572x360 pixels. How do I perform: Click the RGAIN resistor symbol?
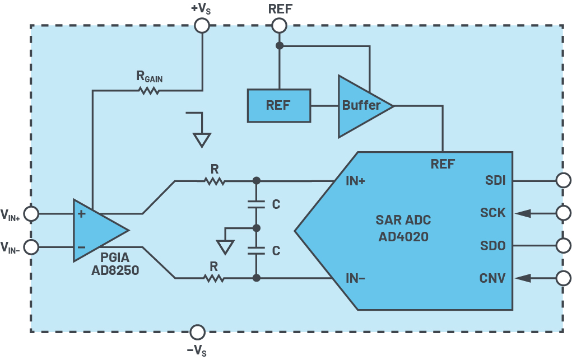[149, 91]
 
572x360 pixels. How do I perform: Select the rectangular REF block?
[279, 105]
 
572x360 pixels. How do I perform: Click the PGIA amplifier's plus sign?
[82, 214]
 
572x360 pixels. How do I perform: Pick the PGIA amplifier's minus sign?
[82, 247]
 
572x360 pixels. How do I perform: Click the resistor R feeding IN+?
[215, 181]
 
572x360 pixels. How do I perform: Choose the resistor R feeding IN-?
[214, 278]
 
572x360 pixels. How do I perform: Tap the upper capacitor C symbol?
[256, 204]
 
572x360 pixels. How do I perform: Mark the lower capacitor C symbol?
[256, 251]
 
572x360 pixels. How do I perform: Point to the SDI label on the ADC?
[495, 180]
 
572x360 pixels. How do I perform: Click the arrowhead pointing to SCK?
[523, 213]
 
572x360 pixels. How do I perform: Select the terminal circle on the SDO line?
[564, 245]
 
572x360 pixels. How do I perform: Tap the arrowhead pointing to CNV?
[523, 278]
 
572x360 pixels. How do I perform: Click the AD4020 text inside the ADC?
[403, 237]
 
